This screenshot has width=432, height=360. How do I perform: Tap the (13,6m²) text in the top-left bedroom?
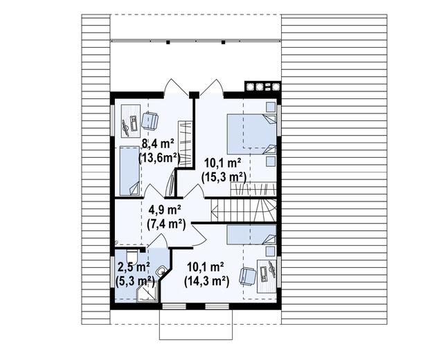[x=159, y=157]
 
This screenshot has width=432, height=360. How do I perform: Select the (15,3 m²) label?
[x=224, y=177]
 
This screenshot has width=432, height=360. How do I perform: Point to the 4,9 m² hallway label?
[x=165, y=210]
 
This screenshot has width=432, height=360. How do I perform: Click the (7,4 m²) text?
[x=165, y=223]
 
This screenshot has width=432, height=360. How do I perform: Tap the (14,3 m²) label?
[x=206, y=281]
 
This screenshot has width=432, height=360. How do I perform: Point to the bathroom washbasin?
[x=161, y=272]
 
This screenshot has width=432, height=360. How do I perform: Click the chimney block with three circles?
[x=262, y=88]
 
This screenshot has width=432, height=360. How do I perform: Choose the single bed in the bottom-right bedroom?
[x=249, y=234]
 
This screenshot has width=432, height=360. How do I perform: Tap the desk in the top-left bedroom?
[x=127, y=125]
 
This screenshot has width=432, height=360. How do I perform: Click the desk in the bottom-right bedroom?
[x=267, y=273]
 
